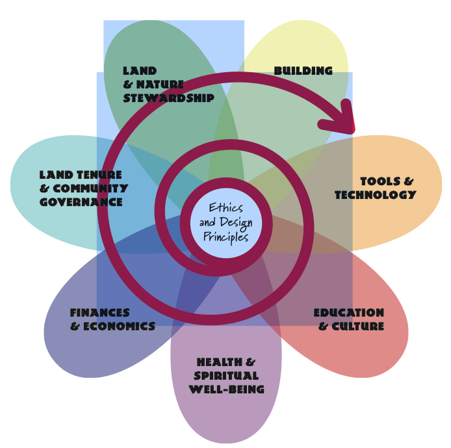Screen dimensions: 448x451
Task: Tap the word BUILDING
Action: point(303,71)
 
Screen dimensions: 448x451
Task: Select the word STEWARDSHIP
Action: point(168,98)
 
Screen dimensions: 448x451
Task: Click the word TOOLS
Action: point(378,181)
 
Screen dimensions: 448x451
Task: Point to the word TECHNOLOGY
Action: point(375,195)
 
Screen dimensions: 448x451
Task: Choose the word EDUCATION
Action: point(349,313)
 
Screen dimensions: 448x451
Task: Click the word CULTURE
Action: point(358,326)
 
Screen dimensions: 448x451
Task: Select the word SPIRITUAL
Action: point(226,376)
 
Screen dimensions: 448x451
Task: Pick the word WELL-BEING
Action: point(226,389)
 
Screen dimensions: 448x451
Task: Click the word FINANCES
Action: point(100,313)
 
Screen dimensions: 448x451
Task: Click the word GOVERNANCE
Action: point(81,202)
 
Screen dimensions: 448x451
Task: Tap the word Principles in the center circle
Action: point(225,237)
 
